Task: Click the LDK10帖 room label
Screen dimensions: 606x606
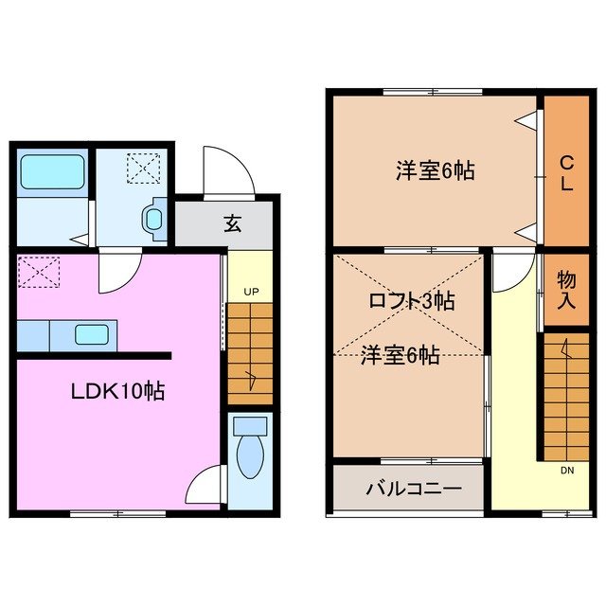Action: (x=119, y=390)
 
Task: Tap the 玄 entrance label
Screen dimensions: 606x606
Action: (x=232, y=224)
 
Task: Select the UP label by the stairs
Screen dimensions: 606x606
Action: (x=251, y=292)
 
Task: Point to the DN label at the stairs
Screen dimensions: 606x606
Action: (x=565, y=470)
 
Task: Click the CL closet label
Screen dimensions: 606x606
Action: (x=565, y=172)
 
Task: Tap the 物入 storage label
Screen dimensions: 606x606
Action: (x=565, y=291)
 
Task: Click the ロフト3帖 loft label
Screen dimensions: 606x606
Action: (x=411, y=301)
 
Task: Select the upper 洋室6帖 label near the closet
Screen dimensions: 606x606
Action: (x=435, y=171)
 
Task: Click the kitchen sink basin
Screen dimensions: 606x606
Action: (x=92, y=334)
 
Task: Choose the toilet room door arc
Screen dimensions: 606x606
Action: (x=205, y=487)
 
